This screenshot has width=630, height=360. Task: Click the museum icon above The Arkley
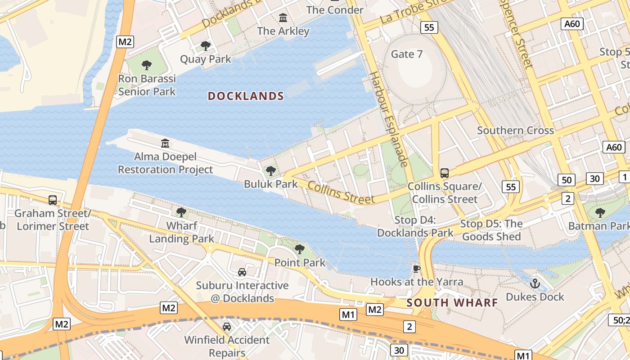283,18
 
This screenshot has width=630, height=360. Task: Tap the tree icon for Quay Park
206,45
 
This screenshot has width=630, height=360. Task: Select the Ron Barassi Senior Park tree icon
147,65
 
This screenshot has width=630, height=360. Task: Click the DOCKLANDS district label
246,96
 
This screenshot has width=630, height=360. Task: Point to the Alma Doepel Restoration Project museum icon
165,144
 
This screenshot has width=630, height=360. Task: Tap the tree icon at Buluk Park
270,171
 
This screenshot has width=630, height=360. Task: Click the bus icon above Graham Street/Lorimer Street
53,200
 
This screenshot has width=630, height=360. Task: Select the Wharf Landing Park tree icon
181,212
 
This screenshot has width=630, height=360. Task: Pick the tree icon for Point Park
300,249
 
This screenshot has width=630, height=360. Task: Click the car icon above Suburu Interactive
242,272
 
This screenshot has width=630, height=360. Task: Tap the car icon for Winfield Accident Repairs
227,326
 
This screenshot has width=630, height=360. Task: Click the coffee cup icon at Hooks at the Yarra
417,269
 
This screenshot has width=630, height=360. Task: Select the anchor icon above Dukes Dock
535,283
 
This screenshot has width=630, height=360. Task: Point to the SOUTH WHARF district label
452,303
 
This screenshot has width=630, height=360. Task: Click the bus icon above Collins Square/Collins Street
445,173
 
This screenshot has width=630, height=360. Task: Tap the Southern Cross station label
515,130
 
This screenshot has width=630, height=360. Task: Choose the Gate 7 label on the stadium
407,54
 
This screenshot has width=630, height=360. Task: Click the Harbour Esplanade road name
389,119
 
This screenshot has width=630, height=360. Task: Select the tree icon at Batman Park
600,212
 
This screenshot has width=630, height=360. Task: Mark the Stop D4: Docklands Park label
415,226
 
